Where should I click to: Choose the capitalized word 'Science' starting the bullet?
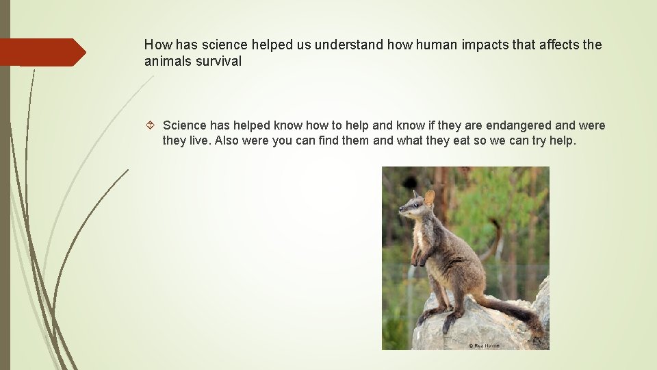pyautogui.click(x=184, y=125)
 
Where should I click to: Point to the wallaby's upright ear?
pyautogui.click(x=429, y=198)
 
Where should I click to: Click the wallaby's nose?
pyautogui.click(x=400, y=209)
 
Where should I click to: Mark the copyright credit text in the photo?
pyautogui.click(x=484, y=345)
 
